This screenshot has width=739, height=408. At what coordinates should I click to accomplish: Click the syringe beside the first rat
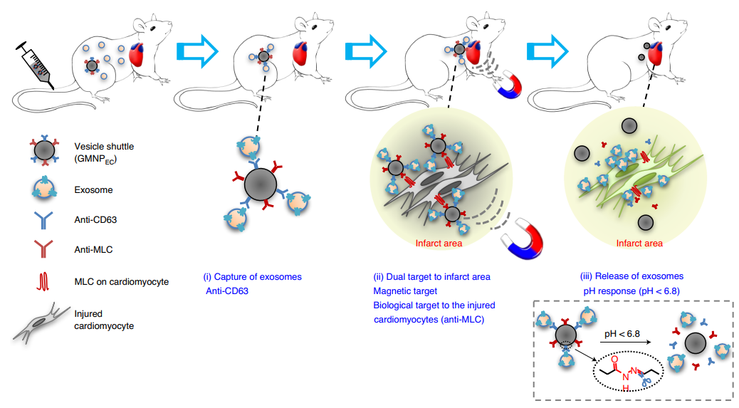[35, 65]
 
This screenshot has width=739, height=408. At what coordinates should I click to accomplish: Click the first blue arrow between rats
[196, 51]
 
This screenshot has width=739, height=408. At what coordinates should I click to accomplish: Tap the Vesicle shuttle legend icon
[43, 151]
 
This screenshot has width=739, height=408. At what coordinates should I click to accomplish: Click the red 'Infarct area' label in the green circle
[639, 243]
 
